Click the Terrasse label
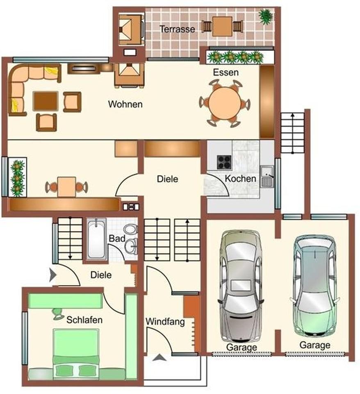pyautogui.click(x=177, y=29)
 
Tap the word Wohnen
pyautogui.click(x=125, y=104)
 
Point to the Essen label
pyautogui.click(x=226, y=73)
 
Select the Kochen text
pyautogui.click(x=241, y=179)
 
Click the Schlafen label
pyautogui.click(x=84, y=320)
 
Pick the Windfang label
pyautogui.click(x=165, y=321)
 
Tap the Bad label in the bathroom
pyautogui.click(x=114, y=238)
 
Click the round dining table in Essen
pyautogui.click(x=225, y=103)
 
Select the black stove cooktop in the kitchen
pyautogui.click(x=223, y=162)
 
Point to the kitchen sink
pyautogui.click(x=267, y=177)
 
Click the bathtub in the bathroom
pyautogui.click(x=96, y=239)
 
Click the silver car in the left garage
pyautogui.click(x=241, y=286)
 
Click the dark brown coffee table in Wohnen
pyautogui.click(x=45, y=101)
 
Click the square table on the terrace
pyautogui.click(x=222, y=26)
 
